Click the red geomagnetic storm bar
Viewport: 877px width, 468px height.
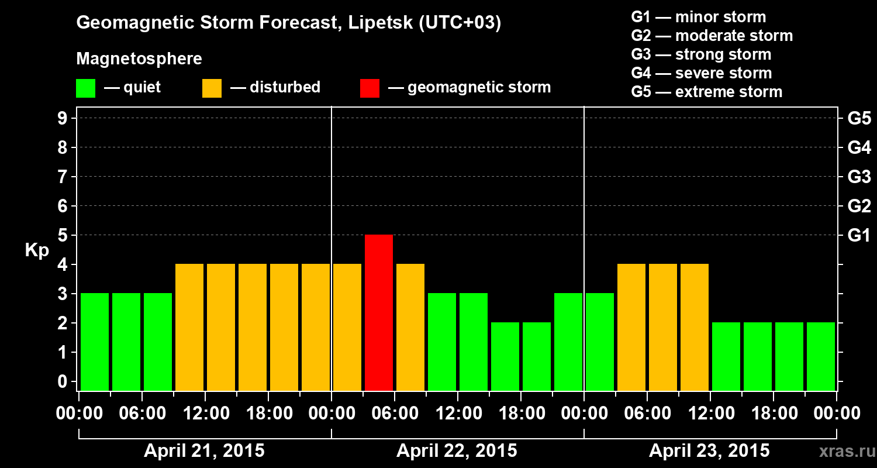point(379,312)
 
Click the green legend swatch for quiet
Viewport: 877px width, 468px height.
point(85,88)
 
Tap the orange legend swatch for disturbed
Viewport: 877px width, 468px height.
point(212,88)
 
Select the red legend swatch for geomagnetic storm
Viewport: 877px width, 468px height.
point(370,88)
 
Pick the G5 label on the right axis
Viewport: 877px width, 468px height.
point(859,118)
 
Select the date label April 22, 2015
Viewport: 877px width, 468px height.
point(457,451)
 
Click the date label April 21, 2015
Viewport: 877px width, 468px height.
point(204,451)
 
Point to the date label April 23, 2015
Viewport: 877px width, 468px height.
point(709,451)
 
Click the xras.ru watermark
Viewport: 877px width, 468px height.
point(843,452)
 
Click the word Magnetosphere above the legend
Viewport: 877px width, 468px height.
point(139,59)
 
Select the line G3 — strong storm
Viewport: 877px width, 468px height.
point(701,54)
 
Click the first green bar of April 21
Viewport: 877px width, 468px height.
point(95,342)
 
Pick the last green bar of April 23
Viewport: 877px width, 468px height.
point(821,356)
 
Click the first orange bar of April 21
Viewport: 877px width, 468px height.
point(189,327)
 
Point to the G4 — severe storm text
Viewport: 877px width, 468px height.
point(702,73)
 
